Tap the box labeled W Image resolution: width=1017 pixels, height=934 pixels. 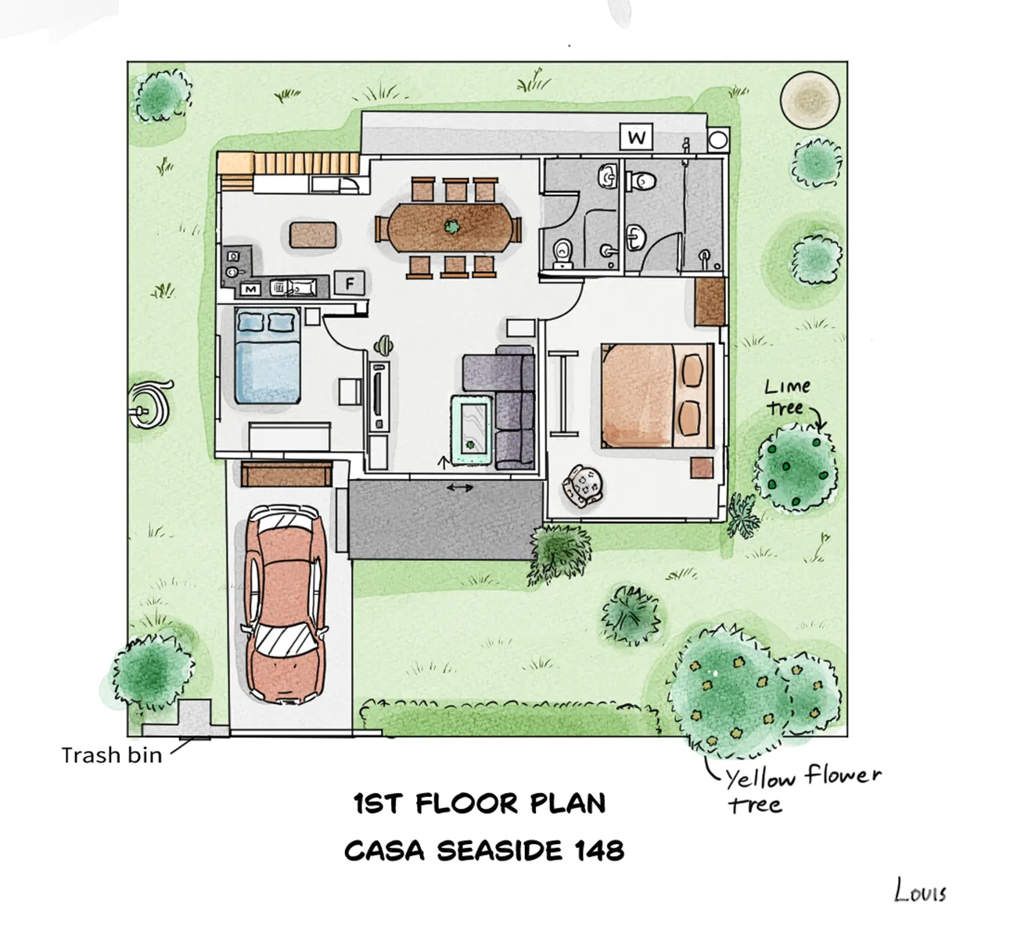636,136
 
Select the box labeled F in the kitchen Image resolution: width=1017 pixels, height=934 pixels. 350,283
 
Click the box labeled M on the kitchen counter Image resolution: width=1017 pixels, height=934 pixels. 250,289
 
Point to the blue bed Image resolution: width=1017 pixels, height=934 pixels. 268,357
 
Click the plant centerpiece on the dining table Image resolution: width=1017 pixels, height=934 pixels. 451,227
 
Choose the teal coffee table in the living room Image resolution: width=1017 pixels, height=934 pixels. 472,430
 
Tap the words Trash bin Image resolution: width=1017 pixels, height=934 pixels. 112,755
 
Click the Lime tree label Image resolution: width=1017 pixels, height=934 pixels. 787,397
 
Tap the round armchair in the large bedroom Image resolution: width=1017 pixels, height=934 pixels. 583,486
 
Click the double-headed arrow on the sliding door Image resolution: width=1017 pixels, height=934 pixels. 459,488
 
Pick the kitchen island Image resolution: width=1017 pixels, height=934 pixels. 313,235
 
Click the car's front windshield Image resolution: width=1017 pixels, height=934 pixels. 287,640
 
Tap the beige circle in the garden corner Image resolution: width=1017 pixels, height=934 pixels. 810,100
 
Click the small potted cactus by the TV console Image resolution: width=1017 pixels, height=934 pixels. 384,346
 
